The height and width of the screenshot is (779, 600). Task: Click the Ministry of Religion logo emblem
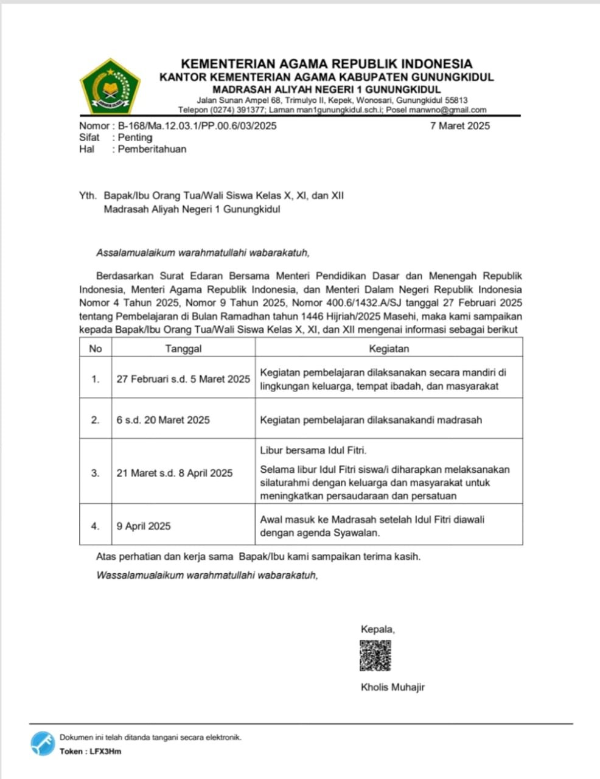coord(110,87)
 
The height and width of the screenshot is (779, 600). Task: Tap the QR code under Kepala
coord(375,655)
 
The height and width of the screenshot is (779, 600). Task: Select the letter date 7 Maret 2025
coord(459,126)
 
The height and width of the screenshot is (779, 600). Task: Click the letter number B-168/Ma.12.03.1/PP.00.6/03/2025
coord(197,126)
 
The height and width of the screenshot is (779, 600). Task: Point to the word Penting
coord(135,138)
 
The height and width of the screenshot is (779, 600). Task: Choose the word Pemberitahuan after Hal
coord(152,149)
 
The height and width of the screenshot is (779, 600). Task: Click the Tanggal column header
coord(183,349)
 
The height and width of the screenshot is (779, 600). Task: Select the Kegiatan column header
coord(389,349)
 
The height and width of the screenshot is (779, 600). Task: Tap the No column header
coord(96,349)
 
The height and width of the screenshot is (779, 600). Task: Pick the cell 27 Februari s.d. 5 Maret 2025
coord(183,379)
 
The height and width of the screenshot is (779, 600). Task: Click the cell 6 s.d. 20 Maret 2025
coord(163,420)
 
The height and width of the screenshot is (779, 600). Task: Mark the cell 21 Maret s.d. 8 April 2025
coord(175,473)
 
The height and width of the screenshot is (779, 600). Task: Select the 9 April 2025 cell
coord(144,526)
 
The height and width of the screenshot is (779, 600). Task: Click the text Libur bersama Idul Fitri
coord(313,450)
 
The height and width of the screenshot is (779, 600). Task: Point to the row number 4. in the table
coord(96,526)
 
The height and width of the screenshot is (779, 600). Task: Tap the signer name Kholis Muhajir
coord(392,687)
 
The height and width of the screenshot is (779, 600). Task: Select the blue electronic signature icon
coord(43,744)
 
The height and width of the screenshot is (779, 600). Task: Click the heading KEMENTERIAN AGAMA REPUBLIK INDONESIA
coord(327,63)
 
